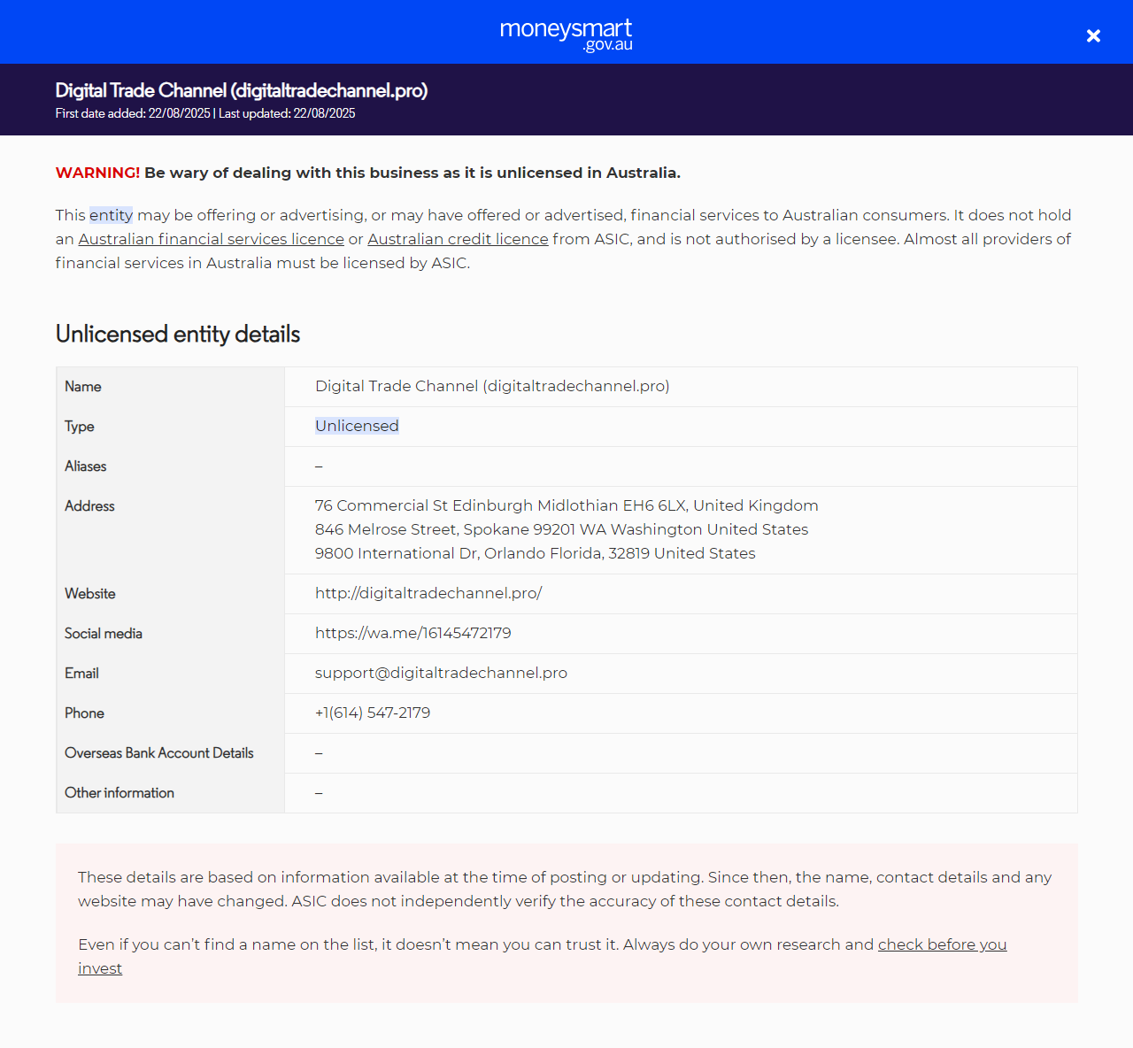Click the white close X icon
click(x=1093, y=35)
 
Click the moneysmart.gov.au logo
click(x=566, y=34)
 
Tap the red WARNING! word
click(x=97, y=173)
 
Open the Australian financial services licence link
click(x=211, y=239)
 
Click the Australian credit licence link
click(x=458, y=239)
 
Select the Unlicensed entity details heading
click(x=178, y=334)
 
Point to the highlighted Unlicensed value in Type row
click(x=357, y=426)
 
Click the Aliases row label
click(x=86, y=466)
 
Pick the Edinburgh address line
click(x=566, y=505)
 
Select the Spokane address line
click(x=561, y=529)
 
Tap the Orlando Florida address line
click(x=535, y=553)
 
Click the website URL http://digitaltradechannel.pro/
click(x=428, y=593)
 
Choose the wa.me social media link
click(x=412, y=633)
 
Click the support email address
click(x=441, y=673)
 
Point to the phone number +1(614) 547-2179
click(x=373, y=713)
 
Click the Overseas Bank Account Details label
click(x=159, y=753)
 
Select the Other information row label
click(x=119, y=793)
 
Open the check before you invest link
click(x=942, y=944)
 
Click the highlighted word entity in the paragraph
click(x=111, y=215)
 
